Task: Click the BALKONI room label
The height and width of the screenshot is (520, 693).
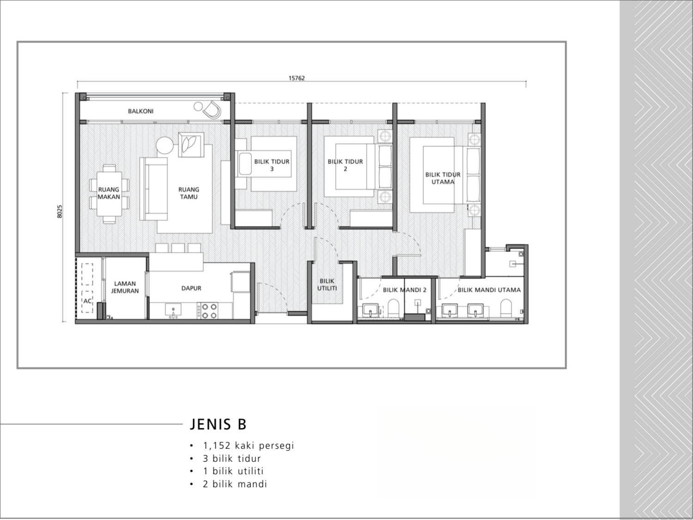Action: (x=140, y=111)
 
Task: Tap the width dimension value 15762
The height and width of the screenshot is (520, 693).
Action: (x=297, y=78)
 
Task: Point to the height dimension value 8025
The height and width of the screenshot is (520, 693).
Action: (x=60, y=211)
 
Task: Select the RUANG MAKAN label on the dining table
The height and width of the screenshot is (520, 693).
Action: (x=109, y=193)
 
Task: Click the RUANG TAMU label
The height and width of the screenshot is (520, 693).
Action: (x=188, y=193)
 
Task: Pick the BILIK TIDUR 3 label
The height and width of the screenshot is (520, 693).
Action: (x=272, y=165)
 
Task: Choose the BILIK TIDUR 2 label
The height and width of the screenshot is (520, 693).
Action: (x=345, y=165)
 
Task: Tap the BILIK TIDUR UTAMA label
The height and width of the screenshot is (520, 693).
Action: (x=443, y=178)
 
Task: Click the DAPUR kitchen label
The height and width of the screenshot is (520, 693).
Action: (x=191, y=288)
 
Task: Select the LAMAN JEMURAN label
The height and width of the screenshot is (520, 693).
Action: (x=125, y=287)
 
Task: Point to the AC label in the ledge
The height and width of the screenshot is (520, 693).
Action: (x=87, y=301)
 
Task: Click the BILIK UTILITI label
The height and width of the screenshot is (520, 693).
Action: (x=327, y=284)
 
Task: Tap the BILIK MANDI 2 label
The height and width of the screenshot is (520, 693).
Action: (x=404, y=290)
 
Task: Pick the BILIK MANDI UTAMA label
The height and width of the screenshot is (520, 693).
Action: (x=489, y=290)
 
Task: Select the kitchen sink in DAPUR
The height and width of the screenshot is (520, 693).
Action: (x=173, y=310)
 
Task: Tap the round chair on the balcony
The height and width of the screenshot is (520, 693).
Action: (x=213, y=110)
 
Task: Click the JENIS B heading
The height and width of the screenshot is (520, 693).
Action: (x=218, y=424)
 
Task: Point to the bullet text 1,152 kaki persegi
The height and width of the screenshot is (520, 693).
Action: (x=248, y=446)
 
